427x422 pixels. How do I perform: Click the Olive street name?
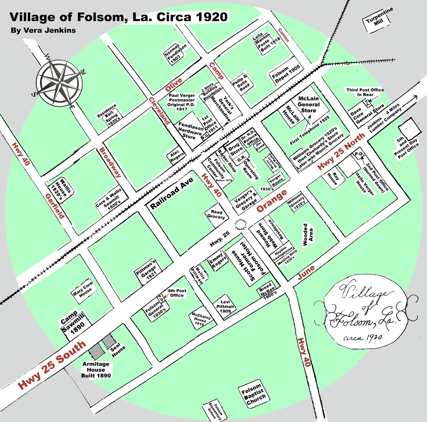174,85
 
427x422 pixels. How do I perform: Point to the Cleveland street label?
159,111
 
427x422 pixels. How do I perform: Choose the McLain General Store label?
309,104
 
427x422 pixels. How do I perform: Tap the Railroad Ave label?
172,193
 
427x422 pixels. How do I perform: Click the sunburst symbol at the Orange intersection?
240,224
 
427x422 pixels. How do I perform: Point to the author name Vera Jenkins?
43,30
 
